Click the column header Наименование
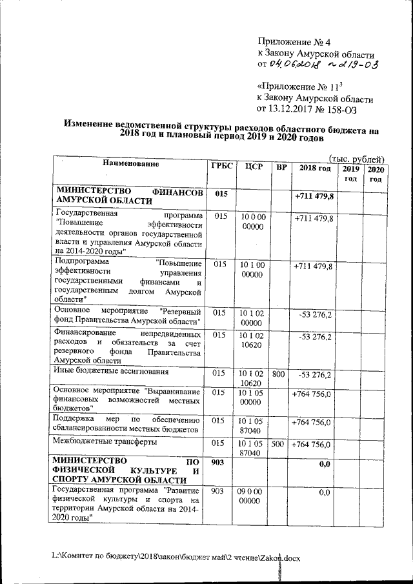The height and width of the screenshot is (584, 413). [130, 165]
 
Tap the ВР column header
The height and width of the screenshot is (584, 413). [281, 168]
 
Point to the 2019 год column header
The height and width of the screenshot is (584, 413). [350, 174]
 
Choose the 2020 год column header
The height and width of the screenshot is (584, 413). [375, 174]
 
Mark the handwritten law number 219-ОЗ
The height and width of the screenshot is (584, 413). [352, 65]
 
